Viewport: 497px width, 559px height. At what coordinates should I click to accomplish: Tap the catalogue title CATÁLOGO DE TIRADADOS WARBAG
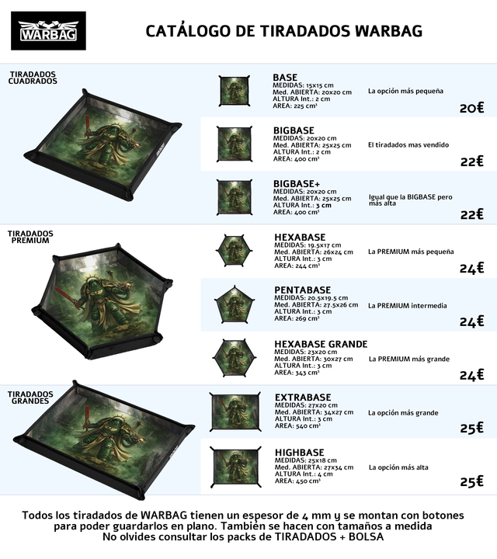(x=284, y=31)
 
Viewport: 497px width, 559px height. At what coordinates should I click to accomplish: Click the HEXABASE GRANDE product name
(x=321, y=344)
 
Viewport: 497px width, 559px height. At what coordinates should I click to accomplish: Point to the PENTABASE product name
(x=302, y=290)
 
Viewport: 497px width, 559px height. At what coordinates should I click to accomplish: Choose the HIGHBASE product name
(x=299, y=452)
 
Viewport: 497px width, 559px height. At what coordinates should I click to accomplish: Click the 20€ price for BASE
(x=471, y=108)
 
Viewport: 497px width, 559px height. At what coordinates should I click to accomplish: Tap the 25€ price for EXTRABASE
(x=471, y=428)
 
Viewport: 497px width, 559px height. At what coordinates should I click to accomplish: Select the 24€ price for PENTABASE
(x=471, y=321)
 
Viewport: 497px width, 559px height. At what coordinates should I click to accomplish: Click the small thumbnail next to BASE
(x=234, y=91)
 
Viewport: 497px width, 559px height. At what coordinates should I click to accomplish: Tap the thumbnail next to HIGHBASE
(x=235, y=467)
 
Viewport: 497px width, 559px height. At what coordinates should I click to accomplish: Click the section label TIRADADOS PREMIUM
(x=30, y=237)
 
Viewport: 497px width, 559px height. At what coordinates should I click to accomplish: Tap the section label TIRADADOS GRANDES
(x=30, y=398)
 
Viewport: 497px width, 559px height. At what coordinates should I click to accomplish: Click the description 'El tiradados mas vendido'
(x=408, y=145)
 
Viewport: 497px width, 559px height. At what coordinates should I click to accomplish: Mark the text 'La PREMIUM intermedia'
(x=408, y=306)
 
